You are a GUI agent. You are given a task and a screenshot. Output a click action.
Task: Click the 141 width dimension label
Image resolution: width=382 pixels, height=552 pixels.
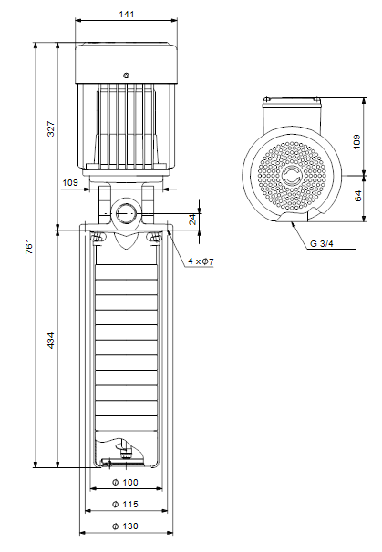tap(127, 14)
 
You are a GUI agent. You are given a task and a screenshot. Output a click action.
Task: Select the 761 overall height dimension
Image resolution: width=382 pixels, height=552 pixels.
tap(29, 246)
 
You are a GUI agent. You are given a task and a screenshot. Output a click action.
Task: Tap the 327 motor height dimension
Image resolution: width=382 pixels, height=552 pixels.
tap(51, 128)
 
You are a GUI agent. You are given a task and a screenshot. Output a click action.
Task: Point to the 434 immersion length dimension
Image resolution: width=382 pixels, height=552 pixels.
tap(51, 341)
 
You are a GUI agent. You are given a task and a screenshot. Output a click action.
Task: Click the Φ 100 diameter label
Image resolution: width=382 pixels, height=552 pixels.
tap(125, 482)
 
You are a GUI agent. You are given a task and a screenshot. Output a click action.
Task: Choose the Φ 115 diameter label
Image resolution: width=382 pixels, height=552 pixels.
tap(125, 504)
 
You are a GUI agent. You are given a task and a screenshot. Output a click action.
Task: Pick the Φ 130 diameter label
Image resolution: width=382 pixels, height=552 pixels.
tap(125, 526)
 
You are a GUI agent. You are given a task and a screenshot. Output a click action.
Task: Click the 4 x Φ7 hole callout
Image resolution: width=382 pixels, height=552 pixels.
tap(201, 261)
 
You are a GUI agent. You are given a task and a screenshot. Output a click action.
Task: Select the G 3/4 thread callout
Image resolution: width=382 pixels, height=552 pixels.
tap(322, 243)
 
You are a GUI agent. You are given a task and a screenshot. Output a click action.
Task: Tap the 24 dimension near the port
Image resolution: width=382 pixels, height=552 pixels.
tap(192, 220)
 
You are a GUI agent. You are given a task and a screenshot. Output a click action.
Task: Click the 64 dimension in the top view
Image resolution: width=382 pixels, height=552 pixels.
tap(357, 196)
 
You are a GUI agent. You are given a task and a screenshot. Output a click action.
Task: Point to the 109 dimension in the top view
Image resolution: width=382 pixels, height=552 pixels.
tap(356, 141)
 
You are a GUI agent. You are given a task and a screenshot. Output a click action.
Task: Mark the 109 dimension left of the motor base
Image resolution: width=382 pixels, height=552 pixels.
tap(70, 183)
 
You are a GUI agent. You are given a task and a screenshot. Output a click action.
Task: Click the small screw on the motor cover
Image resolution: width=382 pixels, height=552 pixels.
tap(126, 76)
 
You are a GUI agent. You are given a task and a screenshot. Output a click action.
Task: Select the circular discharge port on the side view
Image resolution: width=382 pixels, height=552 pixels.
tap(126, 213)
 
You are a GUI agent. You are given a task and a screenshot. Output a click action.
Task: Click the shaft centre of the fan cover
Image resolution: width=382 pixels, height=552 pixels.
tap(292, 175)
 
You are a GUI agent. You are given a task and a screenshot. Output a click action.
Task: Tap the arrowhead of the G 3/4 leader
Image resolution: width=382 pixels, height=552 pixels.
tap(292, 224)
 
